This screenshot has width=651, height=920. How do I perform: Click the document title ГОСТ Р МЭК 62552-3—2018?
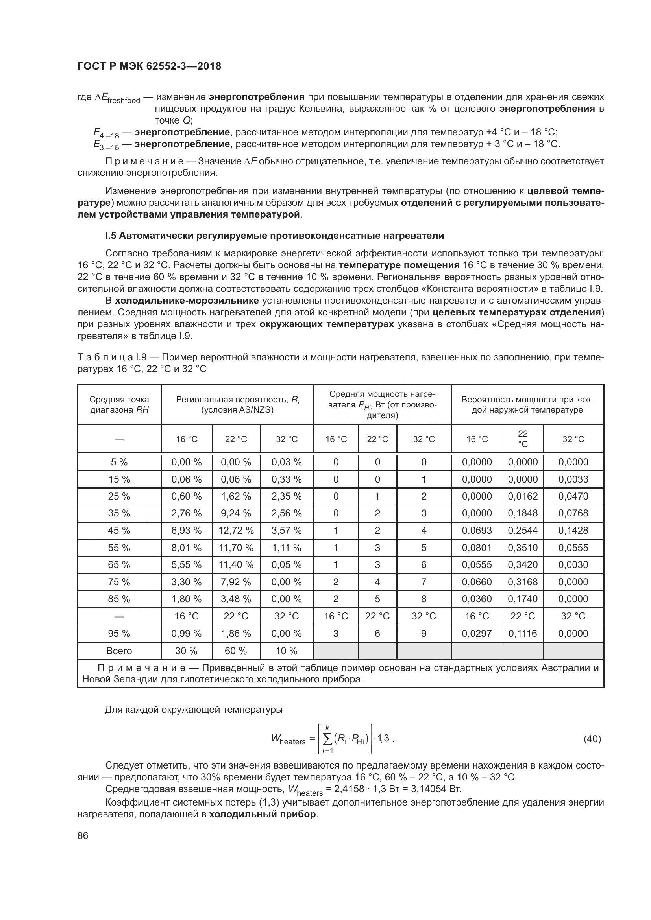click(149, 66)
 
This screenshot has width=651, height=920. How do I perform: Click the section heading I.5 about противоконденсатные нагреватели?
click(274, 236)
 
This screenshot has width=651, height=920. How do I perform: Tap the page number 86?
click(83, 836)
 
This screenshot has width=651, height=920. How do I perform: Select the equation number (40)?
click(592, 739)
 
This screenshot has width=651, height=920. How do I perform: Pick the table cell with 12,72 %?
click(236, 531)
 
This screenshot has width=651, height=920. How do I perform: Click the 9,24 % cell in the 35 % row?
click(236, 513)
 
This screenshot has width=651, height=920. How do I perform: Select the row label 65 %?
click(119, 564)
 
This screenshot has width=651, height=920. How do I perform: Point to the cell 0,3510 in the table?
click(523, 548)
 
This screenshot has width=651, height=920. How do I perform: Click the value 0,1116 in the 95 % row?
click(523, 634)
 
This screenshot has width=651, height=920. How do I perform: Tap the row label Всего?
click(119, 651)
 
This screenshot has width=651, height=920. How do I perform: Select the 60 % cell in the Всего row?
click(236, 651)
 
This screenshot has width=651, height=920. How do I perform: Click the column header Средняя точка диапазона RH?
click(119, 405)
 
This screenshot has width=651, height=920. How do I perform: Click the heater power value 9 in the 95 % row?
click(424, 634)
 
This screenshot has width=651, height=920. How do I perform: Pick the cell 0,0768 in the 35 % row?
click(573, 513)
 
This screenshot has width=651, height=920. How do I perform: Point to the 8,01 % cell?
click(187, 548)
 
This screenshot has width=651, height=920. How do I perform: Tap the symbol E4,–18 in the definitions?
click(106, 133)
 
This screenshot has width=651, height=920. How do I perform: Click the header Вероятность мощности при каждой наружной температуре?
click(527, 405)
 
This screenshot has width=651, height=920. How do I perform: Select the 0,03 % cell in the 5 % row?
click(287, 462)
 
